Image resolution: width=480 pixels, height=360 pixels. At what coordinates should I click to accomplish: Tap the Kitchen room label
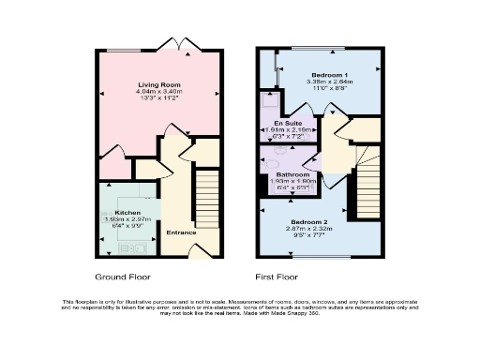(127, 213)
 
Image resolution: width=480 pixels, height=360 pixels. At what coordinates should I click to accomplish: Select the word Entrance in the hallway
(181, 232)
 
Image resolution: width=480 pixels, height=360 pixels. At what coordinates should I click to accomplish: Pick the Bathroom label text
(292, 173)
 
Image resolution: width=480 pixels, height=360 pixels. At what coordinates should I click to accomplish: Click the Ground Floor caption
(123, 277)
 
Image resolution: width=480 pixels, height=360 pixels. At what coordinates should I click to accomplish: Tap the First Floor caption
(278, 277)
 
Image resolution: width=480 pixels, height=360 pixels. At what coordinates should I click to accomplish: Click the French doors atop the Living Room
(176, 44)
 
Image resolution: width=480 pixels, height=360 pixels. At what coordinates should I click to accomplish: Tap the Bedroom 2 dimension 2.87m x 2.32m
(304, 229)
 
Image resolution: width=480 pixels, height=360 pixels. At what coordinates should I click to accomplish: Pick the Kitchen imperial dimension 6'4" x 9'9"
(127, 226)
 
